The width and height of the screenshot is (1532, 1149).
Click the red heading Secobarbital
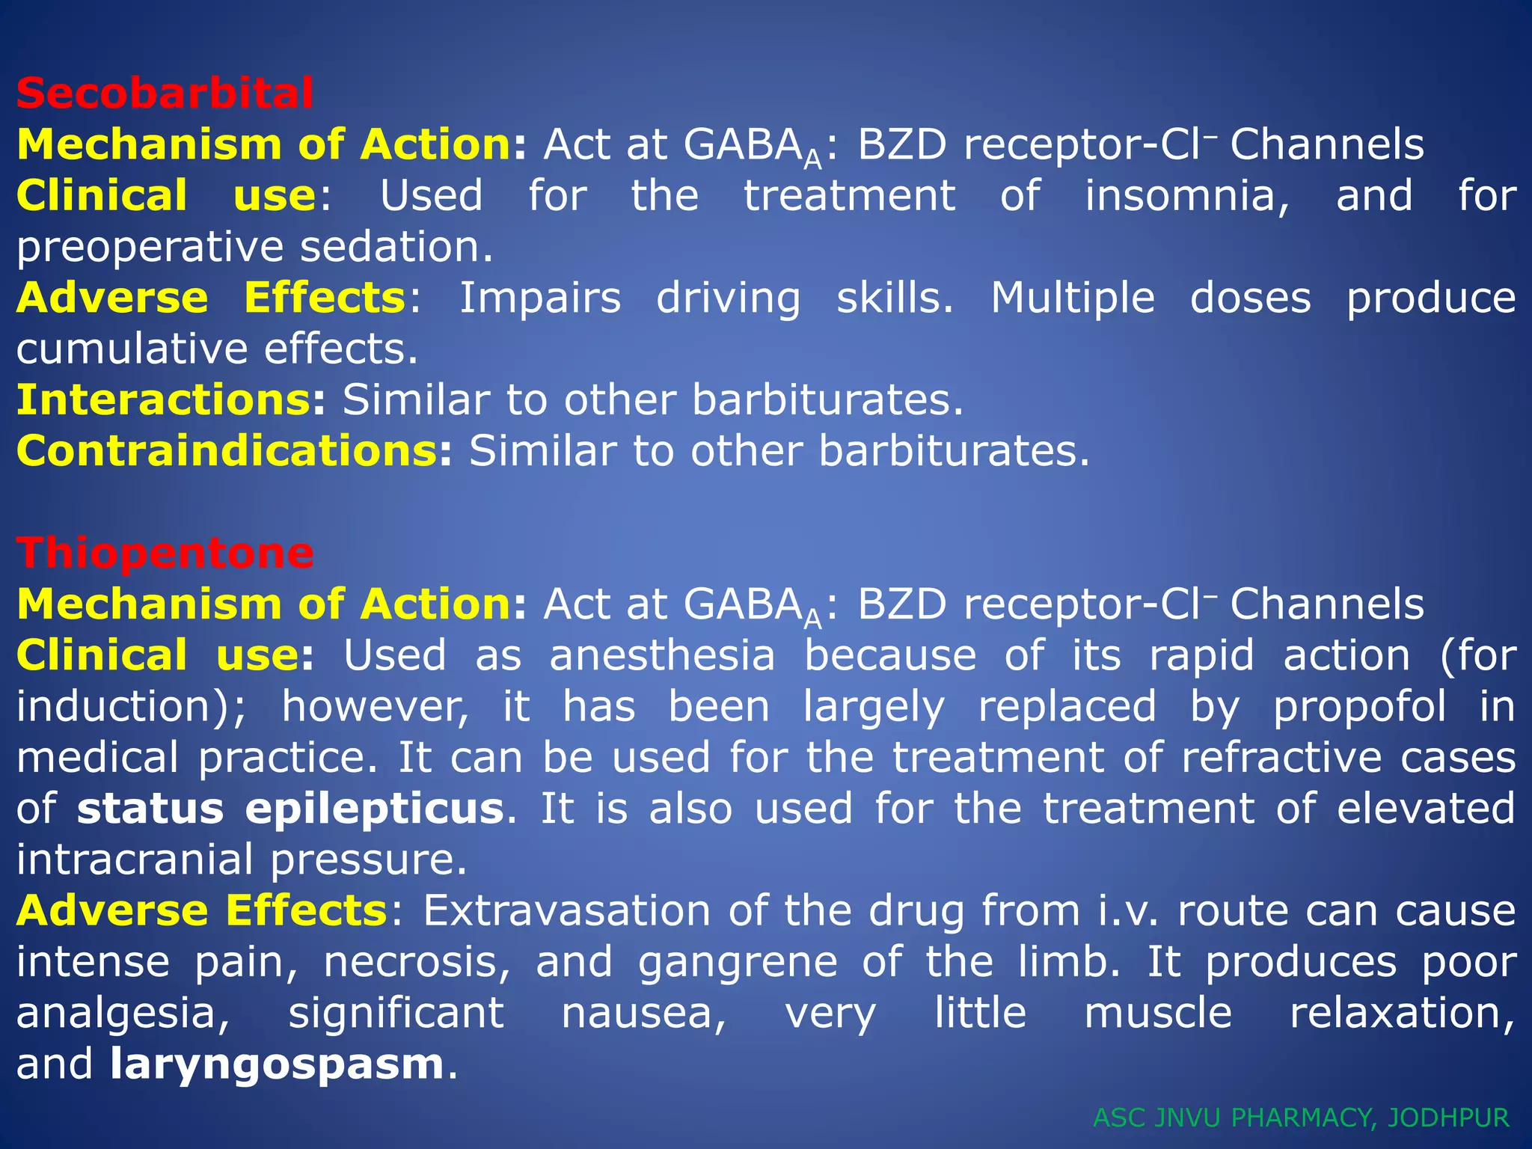[x=165, y=94]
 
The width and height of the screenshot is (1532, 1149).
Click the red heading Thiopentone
[x=165, y=554]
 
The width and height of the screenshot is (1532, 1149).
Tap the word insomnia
[x=1187, y=196]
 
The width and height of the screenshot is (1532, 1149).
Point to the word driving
[x=728, y=298]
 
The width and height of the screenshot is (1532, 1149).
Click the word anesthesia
[x=662, y=656]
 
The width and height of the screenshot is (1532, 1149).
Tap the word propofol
[x=1359, y=708]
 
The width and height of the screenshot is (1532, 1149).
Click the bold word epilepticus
[x=374, y=809]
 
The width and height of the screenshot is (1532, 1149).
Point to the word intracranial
[x=135, y=860]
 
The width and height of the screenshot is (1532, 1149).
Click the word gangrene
[x=737, y=962]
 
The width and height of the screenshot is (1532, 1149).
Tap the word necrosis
[x=417, y=962]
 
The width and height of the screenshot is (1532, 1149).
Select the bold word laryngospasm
[x=277, y=1065]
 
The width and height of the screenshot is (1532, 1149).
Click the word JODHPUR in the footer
[x=1448, y=1118]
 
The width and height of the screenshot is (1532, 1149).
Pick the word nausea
[x=643, y=1014]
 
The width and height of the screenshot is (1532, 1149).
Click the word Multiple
[x=1072, y=298]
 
